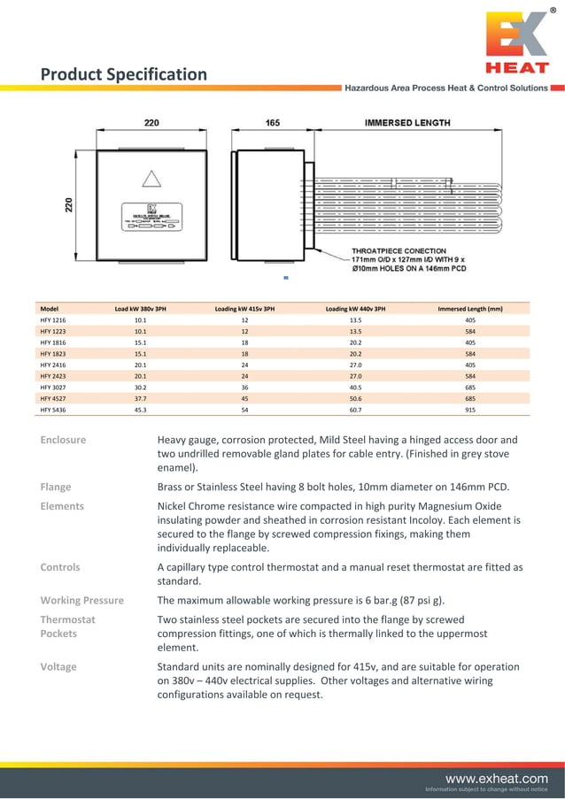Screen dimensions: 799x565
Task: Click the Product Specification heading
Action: tap(124, 74)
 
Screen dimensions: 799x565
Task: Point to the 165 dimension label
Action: tap(273, 123)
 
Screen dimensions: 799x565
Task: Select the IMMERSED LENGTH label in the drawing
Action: tap(407, 122)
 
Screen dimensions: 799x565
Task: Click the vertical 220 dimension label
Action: tap(69, 206)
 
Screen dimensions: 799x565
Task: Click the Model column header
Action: tap(50, 309)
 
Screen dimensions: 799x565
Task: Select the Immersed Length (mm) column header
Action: tap(470, 309)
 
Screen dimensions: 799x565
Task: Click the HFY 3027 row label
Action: tap(53, 387)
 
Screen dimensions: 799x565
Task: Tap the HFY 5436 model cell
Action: tap(53, 410)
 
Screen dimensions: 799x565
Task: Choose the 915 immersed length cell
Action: tap(470, 410)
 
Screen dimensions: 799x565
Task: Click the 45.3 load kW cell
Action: tap(140, 410)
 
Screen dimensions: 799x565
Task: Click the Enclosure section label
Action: tap(63, 440)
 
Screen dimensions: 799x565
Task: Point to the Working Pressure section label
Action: tap(82, 600)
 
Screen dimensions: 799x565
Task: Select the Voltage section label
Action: tap(58, 666)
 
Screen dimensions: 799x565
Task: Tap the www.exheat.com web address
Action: tap(497, 778)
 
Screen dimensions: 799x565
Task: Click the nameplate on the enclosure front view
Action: tap(151, 217)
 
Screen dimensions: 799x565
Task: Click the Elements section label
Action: tap(62, 506)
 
